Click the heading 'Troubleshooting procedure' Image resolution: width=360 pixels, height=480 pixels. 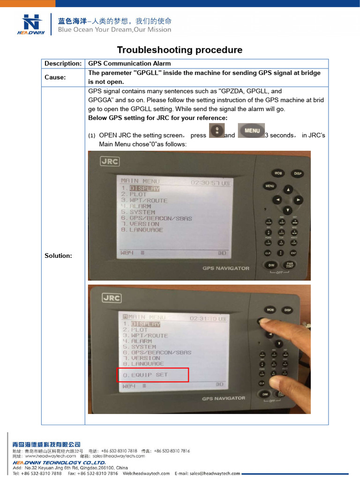point(180,50)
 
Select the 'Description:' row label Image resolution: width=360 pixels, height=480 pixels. point(63,63)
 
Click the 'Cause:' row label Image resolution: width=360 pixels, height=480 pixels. point(55,77)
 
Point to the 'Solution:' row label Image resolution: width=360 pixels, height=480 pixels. point(58,255)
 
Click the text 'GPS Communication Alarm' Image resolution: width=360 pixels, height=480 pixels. point(129,63)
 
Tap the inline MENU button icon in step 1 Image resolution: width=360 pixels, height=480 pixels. point(251,131)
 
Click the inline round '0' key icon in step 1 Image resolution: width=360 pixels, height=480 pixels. point(216,132)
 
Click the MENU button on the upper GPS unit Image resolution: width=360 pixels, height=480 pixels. point(270,186)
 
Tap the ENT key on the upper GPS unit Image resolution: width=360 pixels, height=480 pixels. point(293,253)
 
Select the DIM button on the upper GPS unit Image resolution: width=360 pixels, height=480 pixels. point(271,265)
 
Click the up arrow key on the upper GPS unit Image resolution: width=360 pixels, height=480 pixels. point(288,189)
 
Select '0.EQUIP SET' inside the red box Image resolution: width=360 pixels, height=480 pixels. point(145,375)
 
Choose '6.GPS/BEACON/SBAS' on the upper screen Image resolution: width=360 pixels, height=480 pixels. point(157,218)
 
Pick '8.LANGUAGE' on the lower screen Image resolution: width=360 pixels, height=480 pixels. point(143,364)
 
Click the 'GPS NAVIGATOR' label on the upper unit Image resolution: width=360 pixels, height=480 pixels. point(225,268)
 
